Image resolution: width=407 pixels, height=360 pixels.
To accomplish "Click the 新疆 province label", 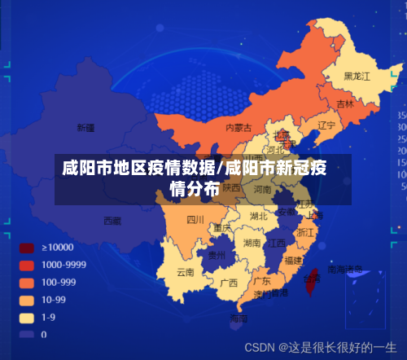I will click(x=85, y=127).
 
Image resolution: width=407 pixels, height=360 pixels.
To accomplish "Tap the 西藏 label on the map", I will click(x=112, y=220).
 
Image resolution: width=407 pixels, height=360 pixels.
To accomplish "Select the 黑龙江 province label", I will click(x=357, y=76).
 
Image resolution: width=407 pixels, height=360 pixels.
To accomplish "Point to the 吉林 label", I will click(x=345, y=104).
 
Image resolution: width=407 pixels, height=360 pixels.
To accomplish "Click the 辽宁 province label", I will click(x=326, y=125).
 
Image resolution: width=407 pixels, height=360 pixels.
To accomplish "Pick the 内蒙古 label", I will click(x=239, y=128).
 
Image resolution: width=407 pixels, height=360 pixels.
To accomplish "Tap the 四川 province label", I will click(x=195, y=219).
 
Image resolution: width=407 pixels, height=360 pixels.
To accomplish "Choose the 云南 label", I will click(x=186, y=272).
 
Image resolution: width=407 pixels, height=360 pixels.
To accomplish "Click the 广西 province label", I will click(x=229, y=283).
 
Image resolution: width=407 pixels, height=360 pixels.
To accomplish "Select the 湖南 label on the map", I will click(x=252, y=243).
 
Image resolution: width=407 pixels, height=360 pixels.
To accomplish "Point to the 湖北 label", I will click(x=259, y=216).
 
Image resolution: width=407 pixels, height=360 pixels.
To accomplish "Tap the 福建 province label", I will click(x=293, y=261).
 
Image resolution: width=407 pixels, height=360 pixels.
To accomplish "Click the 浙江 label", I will click(x=305, y=232).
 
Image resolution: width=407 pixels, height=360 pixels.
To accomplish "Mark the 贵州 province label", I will click(x=216, y=255).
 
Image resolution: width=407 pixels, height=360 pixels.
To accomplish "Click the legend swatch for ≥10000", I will click(x=26, y=247).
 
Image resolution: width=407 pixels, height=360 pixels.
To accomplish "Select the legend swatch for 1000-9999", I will click(x=26, y=265).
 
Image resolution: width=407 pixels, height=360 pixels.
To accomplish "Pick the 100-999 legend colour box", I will click(x=26, y=282).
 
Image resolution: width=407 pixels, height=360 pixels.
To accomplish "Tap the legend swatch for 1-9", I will click(x=26, y=317).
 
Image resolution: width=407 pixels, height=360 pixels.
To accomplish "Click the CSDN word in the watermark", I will click(x=260, y=346).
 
